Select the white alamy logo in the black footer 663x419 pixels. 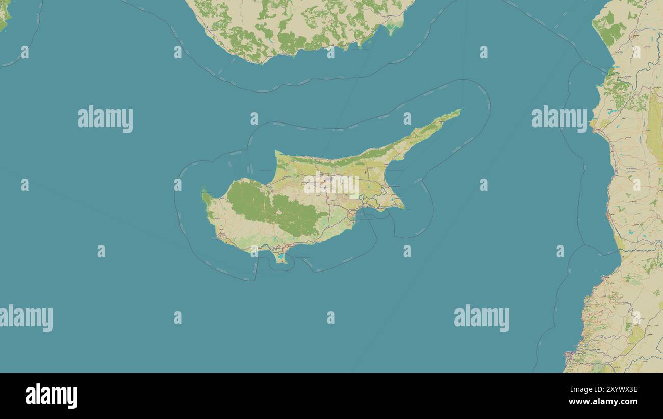(x=51, y=396)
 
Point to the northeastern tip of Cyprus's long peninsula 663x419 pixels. (x=460, y=110)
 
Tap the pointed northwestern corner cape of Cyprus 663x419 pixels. (x=276, y=152)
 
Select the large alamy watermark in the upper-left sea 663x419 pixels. (x=105, y=119)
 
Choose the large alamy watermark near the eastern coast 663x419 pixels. (x=559, y=119)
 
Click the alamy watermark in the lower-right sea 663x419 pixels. (x=481, y=318)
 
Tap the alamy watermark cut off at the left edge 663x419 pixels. (x=26, y=318)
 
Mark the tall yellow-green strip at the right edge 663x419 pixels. (x=654, y=128)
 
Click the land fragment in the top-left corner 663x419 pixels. (x=4, y=15)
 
